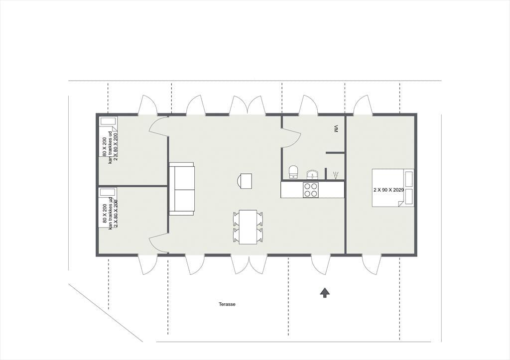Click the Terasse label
click(227, 304)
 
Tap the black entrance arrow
click(324, 292)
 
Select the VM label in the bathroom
click(336, 129)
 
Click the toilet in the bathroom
click(293, 172)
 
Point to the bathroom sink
click(313, 174)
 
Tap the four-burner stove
click(311, 190)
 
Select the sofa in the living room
click(181, 189)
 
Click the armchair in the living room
click(245, 181)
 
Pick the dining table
click(248, 227)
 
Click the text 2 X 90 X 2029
click(388, 190)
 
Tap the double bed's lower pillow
click(408, 196)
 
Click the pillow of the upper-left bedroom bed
click(108, 121)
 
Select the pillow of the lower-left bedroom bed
click(108, 192)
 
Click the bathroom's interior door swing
click(291, 136)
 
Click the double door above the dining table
click(248, 105)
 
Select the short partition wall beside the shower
click(335, 152)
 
